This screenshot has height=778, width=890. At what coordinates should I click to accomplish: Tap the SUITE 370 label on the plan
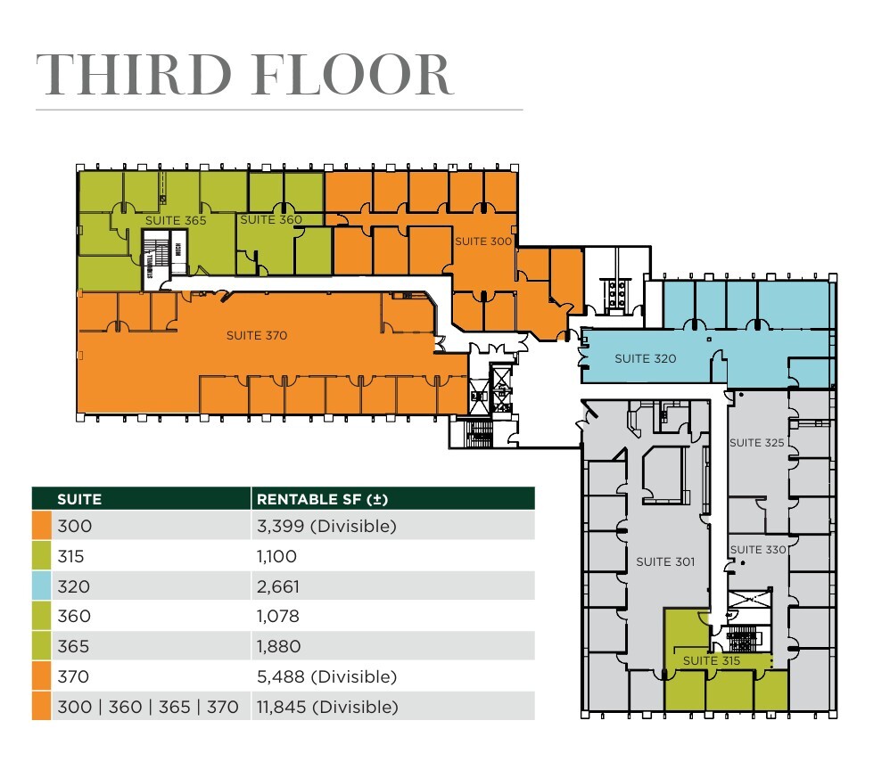(257, 335)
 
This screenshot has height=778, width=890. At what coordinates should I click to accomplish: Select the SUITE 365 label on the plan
(176, 220)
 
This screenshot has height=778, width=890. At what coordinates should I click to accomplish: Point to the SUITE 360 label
(271, 219)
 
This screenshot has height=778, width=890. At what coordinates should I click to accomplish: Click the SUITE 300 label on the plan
(483, 241)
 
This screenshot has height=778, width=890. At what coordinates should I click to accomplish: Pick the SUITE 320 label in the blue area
(645, 358)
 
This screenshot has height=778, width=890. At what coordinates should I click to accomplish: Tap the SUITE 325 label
(757, 443)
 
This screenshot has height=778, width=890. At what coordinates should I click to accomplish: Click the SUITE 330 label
(758, 550)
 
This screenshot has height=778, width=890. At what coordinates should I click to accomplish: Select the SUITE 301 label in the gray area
(664, 561)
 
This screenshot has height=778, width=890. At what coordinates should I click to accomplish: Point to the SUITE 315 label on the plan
(712, 660)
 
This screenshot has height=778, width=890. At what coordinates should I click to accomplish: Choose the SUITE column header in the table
(79, 498)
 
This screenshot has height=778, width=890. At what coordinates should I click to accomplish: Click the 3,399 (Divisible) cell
(325, 526)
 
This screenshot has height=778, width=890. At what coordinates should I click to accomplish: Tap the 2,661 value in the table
(277, 586)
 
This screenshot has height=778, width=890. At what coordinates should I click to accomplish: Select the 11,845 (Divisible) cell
(326, 707)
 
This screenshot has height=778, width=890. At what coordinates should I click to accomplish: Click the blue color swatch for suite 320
(41, 586)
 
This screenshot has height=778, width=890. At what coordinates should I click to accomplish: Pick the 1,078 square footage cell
(277, 616)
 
